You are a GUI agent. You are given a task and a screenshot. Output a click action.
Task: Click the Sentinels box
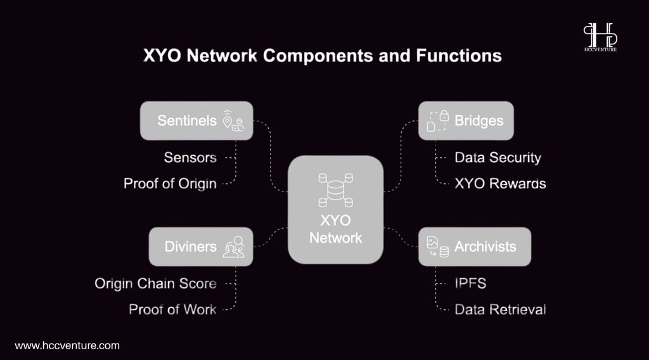pos(196,120)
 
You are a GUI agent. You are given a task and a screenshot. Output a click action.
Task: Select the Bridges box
pos(466,120)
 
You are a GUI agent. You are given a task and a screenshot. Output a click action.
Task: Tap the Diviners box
pos(201,247)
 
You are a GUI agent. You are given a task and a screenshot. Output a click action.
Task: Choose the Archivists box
pos(475,247)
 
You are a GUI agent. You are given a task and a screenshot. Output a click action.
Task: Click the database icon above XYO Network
pos(336,190)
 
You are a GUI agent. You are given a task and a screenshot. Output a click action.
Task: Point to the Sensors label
pos(190,158)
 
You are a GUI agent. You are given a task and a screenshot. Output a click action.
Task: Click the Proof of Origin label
pos(170,184)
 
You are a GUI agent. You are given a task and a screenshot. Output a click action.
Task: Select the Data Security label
pos(498,158)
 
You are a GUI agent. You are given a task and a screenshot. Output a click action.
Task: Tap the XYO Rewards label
pos(500,184)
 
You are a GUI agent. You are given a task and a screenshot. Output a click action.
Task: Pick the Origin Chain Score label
pos(156,283)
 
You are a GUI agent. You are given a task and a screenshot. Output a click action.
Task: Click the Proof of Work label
pos(172,309)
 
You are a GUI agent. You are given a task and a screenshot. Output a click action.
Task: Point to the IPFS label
pos(470,283)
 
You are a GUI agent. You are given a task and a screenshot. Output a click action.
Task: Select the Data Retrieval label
pos(500,309)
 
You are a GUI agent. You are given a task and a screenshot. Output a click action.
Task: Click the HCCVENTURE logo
pos(600,37)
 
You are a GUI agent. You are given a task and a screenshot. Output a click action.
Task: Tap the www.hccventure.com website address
pos(67,345)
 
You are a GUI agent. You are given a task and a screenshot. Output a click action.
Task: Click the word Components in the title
pos(318,56)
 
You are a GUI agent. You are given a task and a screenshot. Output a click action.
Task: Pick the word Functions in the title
pos(459,55)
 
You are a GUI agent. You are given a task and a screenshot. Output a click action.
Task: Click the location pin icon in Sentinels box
pos(228,121)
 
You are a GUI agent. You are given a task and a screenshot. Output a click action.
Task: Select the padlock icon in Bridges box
pos(444,115)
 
